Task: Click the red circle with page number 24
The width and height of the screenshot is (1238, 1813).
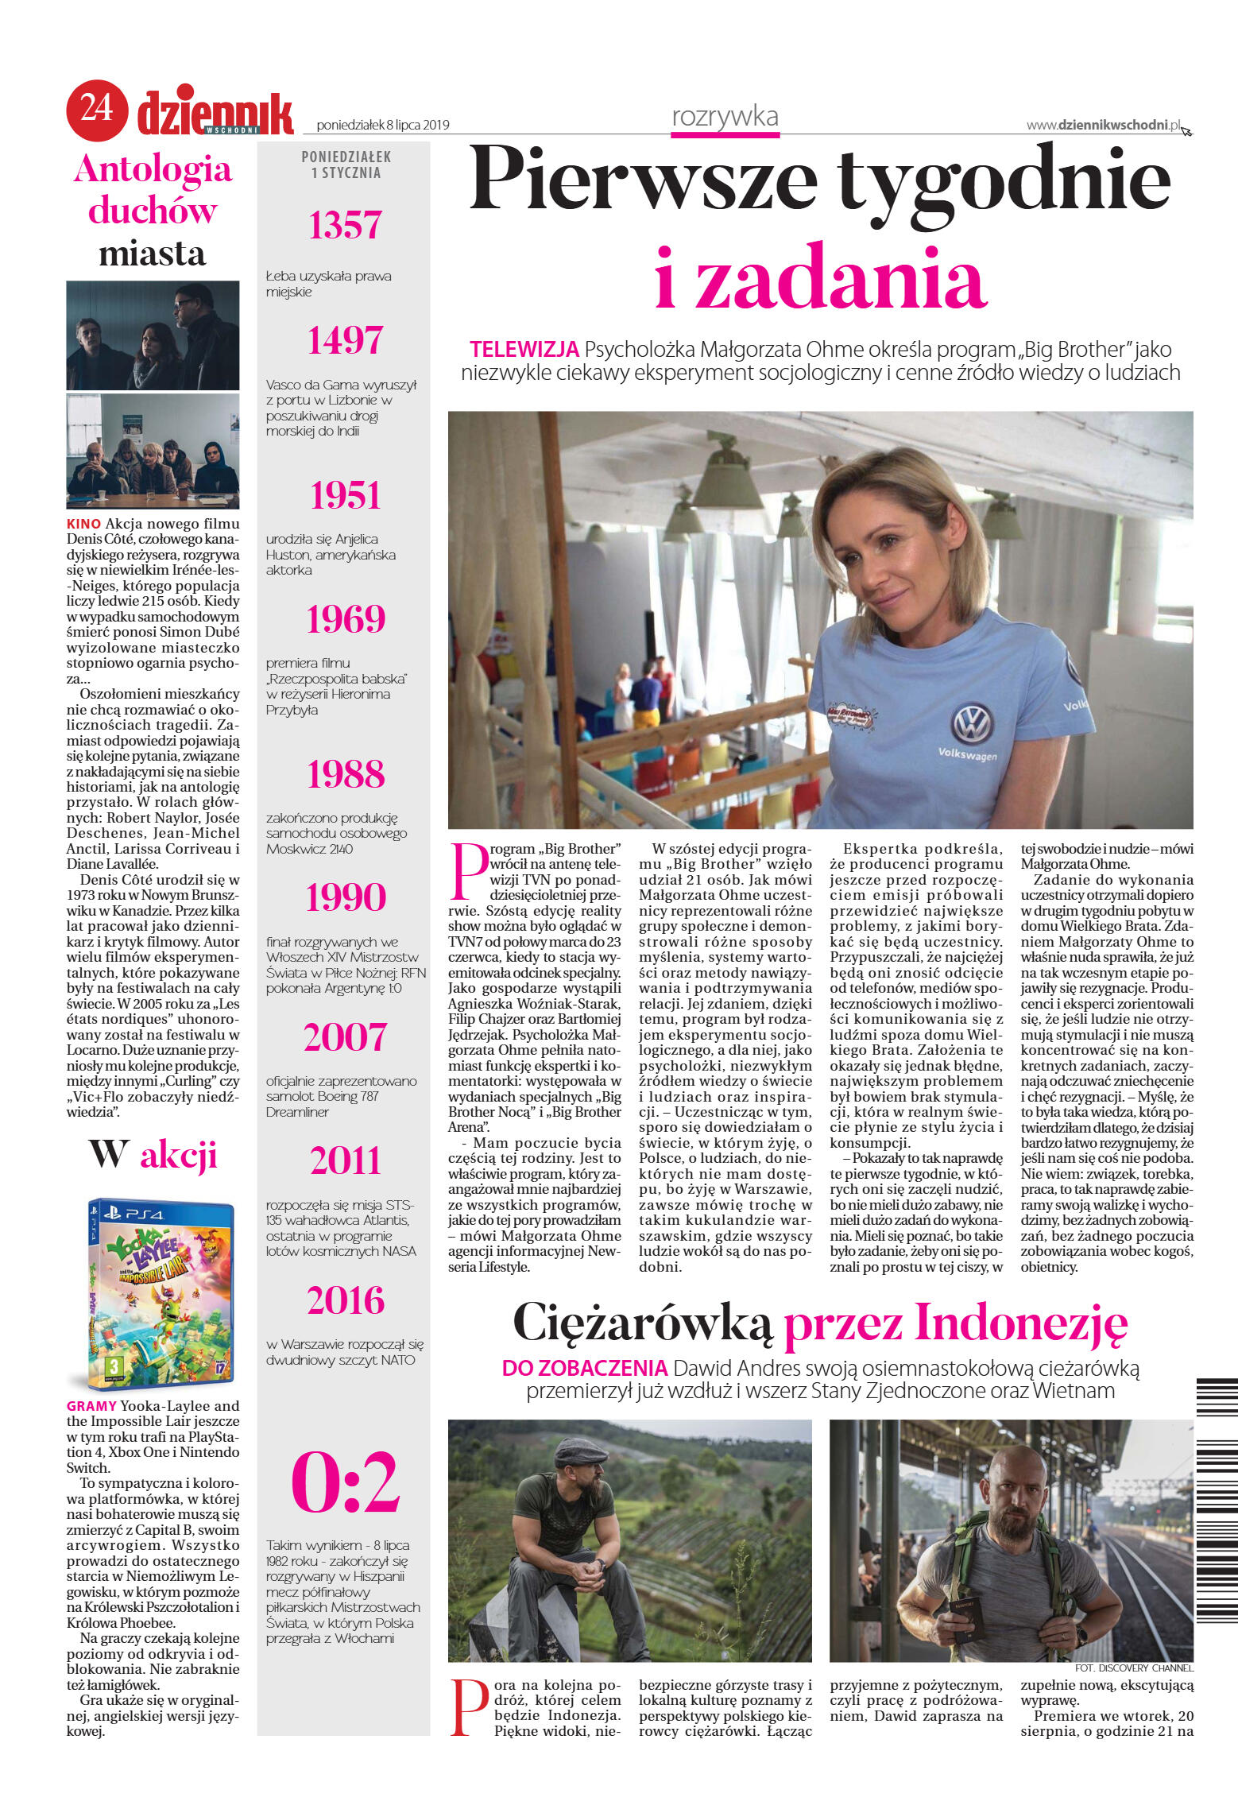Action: [96, 110]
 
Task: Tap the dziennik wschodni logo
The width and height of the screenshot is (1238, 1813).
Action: [215, 114]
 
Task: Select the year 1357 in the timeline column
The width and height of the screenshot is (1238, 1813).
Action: [345, 225]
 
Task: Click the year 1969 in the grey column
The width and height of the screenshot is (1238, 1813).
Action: [345, 619]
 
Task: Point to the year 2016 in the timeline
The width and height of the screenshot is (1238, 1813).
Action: [345, 1300]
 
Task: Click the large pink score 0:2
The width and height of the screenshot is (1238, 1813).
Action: [345, 1483]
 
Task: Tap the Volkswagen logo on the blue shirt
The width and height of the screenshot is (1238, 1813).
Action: [972, 724]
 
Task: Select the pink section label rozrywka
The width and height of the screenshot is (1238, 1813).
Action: [725, 117]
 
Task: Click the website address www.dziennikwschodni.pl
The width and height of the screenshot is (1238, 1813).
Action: [1102, 125]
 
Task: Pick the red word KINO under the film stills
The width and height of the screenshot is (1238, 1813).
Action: [83, 524]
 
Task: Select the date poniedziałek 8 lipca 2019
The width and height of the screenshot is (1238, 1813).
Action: [382, 125]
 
